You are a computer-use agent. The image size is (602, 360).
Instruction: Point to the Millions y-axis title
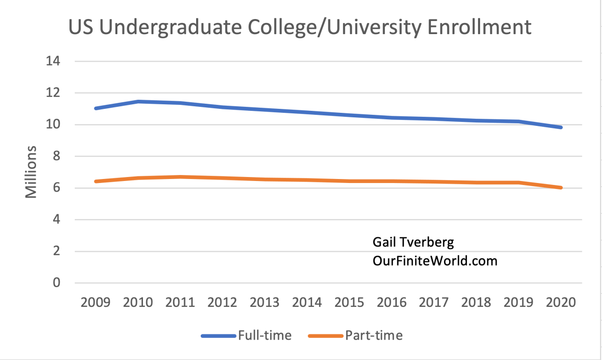click(x=31, y=171)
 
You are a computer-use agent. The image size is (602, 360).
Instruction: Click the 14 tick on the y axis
click(x=52, y=62)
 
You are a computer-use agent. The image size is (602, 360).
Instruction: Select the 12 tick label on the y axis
click(x=52, y=93)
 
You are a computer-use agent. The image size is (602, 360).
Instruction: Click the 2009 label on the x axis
click(x=95, y=303)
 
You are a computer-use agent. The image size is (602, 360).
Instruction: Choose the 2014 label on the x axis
click(x=307, y=303)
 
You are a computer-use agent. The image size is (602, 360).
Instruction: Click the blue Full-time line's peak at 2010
click(x=137, y=102)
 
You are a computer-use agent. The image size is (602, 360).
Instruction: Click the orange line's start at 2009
click(x=95, y=181)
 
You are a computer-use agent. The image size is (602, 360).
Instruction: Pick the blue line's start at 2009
click(x=95, y=108)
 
